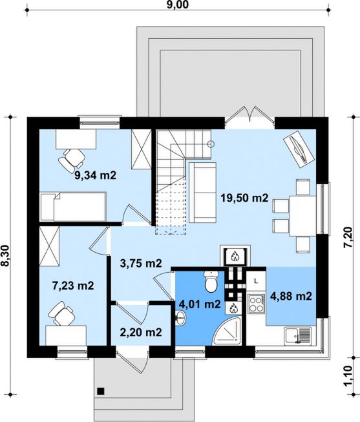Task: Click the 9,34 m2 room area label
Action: (95, 176)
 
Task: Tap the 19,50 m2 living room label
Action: (244, 198)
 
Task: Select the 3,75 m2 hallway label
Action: (141, 263)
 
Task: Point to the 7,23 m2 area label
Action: (73, 286)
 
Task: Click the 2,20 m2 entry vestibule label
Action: (141, 332)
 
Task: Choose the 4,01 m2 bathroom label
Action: (200, 304)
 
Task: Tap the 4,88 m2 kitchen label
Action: (291, 297)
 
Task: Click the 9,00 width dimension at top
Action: (178, 5)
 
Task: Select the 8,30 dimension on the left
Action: (5, 256)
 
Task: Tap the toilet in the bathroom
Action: (211, 281)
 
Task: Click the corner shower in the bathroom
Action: (226, 330)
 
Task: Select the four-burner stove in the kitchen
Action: (256, 304)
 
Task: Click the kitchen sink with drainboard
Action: (298, 336)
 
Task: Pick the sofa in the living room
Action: (203, 193)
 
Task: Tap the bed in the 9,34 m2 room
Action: (73, 206)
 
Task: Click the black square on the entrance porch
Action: (101, 391)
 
